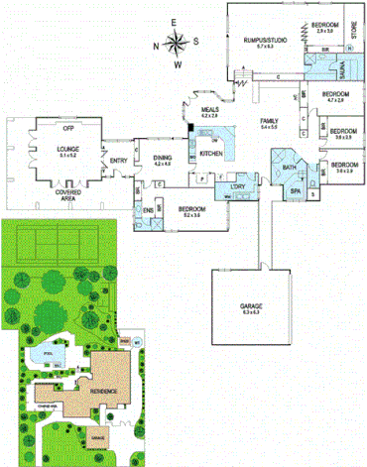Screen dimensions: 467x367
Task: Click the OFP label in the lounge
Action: [x=68, y=128]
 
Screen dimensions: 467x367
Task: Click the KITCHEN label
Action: [x=211, y=154]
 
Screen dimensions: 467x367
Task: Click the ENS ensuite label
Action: [x=150, y=210]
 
